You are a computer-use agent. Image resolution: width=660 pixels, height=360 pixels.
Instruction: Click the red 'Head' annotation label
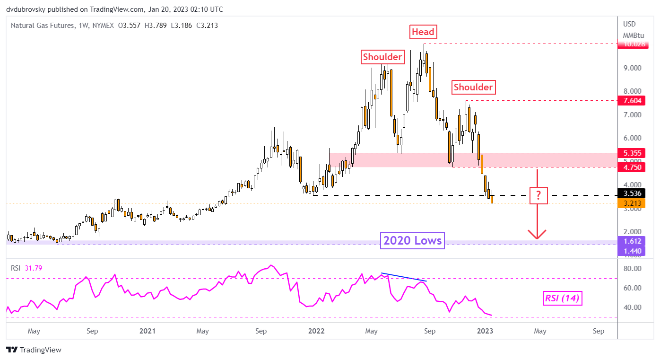(x=423, y=32)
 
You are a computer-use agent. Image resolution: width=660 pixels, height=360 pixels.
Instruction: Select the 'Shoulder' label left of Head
(x=382, y=57)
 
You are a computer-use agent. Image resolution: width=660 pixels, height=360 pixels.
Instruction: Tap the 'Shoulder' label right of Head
(x=473, y=87)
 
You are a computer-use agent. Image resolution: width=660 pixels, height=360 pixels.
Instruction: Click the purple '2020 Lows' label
(x=413, y=241)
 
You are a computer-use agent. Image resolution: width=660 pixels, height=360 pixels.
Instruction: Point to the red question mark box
(x=538, y=195)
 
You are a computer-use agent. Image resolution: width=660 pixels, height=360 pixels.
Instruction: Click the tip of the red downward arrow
(x=537, y=238)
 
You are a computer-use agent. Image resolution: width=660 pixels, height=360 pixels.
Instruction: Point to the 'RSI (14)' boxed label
(x=562, y=298)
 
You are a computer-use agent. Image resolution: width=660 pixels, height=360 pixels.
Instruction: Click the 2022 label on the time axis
(x=316, y=331)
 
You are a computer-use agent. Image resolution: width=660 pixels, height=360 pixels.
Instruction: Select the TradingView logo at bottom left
(x=34, y=350)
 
